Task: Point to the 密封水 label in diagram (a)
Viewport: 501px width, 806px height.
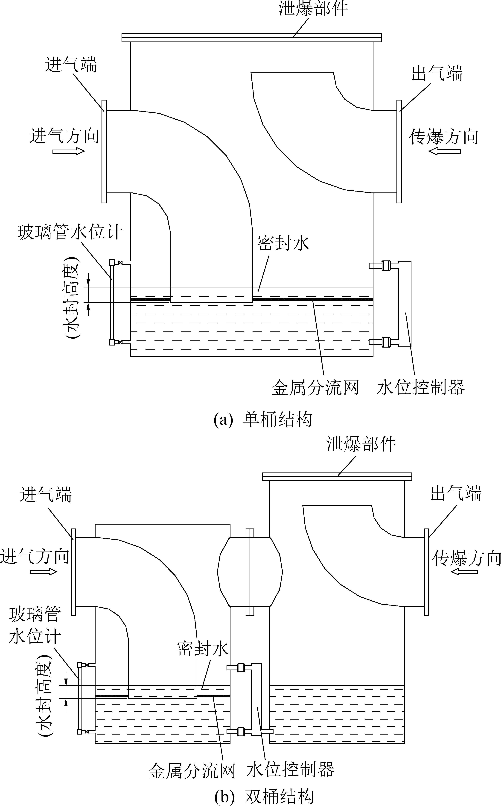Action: pos(283,243)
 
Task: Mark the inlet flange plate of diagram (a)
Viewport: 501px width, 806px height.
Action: pos(104,151)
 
